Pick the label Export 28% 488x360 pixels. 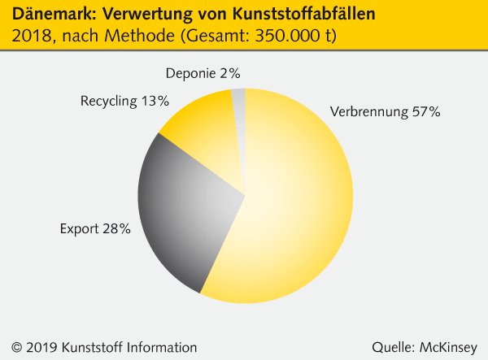pyautogui.click(x=95, y=229)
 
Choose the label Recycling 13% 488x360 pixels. pyautogui.click(x=124, y=101)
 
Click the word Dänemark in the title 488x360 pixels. pyautogui.click(x=50, y=15)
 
